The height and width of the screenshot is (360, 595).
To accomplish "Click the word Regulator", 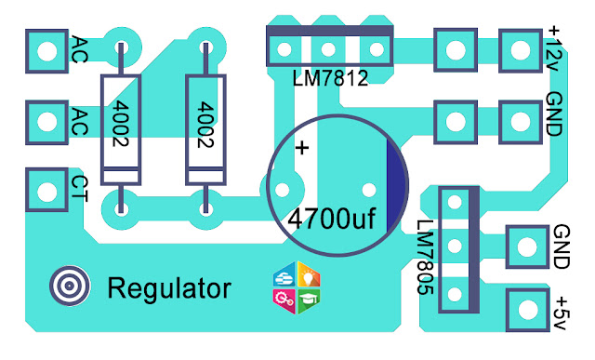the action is click(x=169, y=288).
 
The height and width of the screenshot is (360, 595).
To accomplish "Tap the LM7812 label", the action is click(x=330, y=78).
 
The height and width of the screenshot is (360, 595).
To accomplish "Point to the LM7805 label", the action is click(x=425, y=257).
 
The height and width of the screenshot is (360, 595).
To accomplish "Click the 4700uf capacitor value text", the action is click(x=332, y=220).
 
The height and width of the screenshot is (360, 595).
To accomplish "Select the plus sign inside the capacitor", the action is click(x=302, y=148).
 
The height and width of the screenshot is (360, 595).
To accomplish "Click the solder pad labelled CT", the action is click(x=47, y=190).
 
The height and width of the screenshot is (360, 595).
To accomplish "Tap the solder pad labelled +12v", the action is click(x=521, y=50).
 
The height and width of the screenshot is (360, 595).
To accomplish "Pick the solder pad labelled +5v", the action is click(x=527, y=310).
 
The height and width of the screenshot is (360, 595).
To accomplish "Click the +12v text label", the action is click(x=552, y=48).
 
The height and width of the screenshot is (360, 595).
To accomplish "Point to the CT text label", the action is click(x=79, y=189).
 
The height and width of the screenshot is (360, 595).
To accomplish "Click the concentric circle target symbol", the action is click(x=70, y=286).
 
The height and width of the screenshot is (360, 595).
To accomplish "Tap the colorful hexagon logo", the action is click(x=297, y=287).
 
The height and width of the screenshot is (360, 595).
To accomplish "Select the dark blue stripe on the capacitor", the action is click(x=396, y=185).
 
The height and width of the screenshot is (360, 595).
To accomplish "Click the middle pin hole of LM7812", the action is click(x=328, y=49).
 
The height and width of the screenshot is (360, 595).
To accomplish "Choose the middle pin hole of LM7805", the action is click(x=455, y=247).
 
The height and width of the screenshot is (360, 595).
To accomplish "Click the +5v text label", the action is click(x=561, y=313).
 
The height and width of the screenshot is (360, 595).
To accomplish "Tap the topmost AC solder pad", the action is click(x=47, y=51).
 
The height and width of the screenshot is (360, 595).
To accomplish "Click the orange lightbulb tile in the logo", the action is click(x=309, y=274).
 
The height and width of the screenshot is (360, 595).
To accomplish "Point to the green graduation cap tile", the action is click(x=309, y=300).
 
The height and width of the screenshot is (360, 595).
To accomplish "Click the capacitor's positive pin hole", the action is click(x=282, y=190).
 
